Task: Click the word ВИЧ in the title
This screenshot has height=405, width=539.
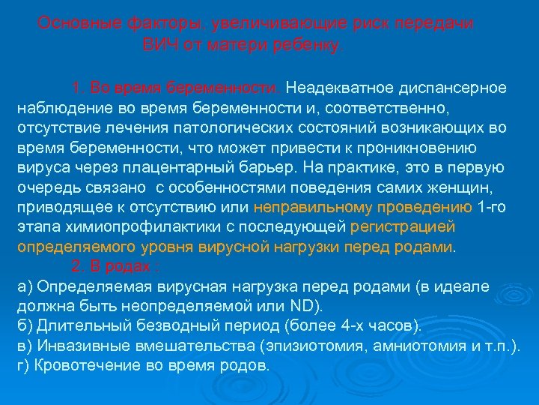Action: tap(158, 43)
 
